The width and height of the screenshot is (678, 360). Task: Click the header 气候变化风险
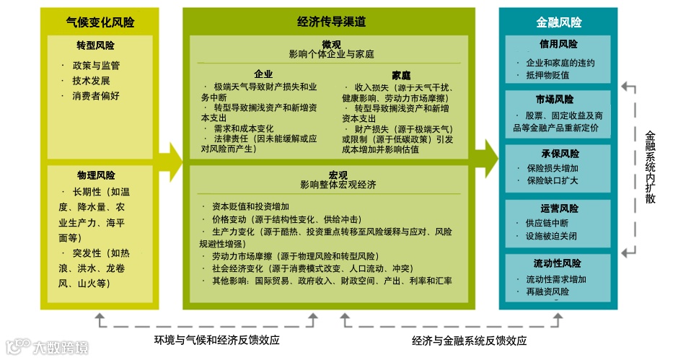(x=100, y=22)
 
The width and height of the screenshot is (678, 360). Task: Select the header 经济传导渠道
(x=331, y=22)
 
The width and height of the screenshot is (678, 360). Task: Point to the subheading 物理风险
(x=96, y=175)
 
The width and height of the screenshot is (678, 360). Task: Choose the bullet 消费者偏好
(x=96, y=95)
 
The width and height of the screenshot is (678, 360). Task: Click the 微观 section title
(x=332, y=45)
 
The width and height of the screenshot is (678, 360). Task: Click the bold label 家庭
(x=402, y=74)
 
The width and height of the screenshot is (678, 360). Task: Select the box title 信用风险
(x=558, y=44)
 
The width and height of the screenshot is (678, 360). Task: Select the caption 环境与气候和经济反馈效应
(x=216, y=340)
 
